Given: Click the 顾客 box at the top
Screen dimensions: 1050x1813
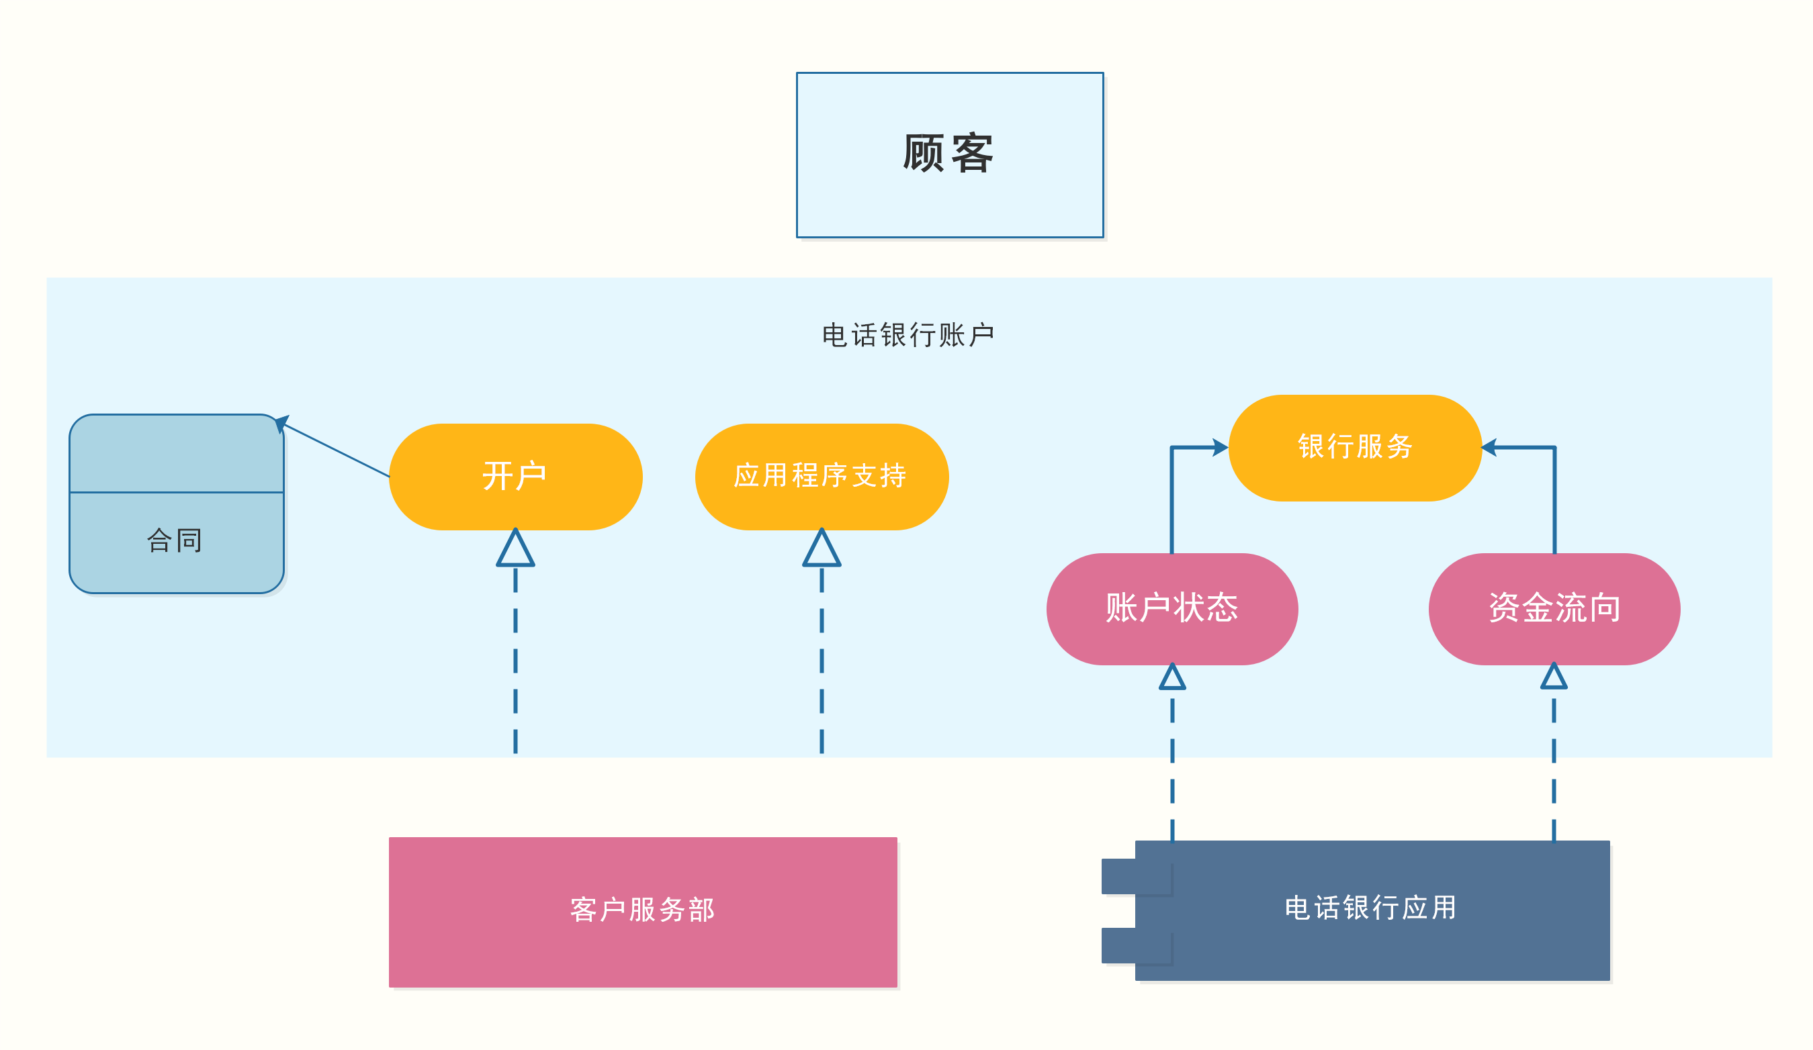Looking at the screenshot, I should (x=950, y=154).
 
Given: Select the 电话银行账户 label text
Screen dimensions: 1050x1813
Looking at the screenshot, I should (x=908, y=335).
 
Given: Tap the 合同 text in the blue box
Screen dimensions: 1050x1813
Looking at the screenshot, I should (x=175, y=540).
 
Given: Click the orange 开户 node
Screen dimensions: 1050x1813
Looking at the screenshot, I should (x=515, y=476).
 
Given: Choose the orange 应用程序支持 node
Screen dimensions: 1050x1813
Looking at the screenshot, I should (x=821, y=476).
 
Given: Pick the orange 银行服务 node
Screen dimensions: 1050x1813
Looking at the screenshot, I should (x=1355, y=446).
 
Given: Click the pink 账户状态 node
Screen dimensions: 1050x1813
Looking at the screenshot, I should (x=1171, y=608).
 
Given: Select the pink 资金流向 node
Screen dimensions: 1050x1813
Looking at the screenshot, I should (x=1554, y=608).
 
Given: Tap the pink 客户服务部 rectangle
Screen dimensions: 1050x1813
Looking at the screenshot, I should (x=642, y=911).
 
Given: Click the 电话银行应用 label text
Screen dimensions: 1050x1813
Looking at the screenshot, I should (x=1370, y=908).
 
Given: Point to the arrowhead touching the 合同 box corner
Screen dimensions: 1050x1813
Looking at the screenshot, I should (x=281, y=423).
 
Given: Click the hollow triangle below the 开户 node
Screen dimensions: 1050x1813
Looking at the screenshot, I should (x=515, y=550).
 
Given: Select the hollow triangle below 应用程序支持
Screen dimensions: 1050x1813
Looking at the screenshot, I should (x=821, y=550).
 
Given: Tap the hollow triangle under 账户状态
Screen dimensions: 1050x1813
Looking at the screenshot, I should (x=1172, y=678).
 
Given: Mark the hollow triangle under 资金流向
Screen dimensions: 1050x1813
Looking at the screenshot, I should (x=1553, y=677).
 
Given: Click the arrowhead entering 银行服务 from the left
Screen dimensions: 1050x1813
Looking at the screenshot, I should (x=1219, y=447).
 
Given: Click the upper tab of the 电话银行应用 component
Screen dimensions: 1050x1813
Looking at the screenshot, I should (x=1118, y=876).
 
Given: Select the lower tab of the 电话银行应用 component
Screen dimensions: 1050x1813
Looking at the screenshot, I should (x=1118, y=945).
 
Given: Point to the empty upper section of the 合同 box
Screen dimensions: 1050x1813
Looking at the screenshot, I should (x=176, y=454).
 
